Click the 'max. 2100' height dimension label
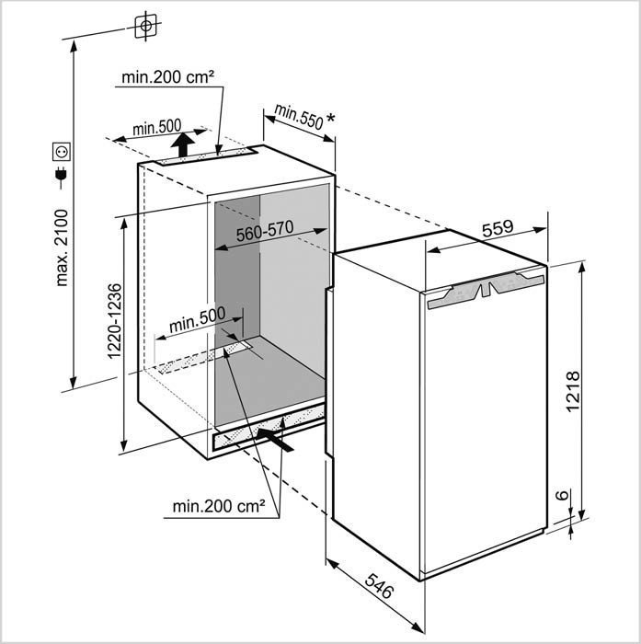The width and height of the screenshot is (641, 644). [x=62, y=247]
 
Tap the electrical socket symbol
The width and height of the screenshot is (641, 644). [x=62, y=152]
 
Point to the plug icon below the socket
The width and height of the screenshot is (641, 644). [x=62, y=177]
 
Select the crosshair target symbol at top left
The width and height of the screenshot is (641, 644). [x=146, y=26]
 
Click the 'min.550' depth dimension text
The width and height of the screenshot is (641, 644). [x=299, y=117]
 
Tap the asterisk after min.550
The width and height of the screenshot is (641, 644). [x=330, y=119]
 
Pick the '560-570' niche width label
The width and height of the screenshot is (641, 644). [x=265, y=231]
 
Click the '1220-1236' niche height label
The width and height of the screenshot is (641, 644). [x=114, y=321]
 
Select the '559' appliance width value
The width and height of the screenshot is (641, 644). [x=498, y=229]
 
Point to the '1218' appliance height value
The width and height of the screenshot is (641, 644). [x=572, y=391]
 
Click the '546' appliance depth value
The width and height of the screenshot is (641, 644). [x=379, y=586]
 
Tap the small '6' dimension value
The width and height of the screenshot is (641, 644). [x=562, y=495]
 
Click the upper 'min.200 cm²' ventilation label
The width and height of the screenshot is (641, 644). [x=168, y=76]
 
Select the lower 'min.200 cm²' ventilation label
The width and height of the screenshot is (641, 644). [x=219, y=506]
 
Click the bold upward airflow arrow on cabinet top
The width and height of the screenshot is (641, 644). [x=183, y=144]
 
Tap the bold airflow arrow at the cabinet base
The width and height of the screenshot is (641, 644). [x=276, y=440]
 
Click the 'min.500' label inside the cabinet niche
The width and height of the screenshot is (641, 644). [x=197, y=319]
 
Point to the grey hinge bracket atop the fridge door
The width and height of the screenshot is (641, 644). [x=486, y=289]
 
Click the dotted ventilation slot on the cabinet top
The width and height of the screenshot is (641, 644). [x=206, y=156]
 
